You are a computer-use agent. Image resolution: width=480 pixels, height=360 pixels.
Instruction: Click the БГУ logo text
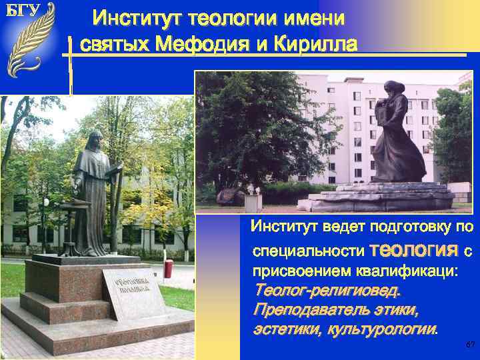coord(23,11)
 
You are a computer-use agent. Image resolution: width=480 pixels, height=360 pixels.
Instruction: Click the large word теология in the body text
coord(413,250)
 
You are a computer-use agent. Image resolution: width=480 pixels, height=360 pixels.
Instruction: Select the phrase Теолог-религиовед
coord(327,291)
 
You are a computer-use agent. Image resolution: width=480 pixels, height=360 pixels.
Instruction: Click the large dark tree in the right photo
coord(253,127)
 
